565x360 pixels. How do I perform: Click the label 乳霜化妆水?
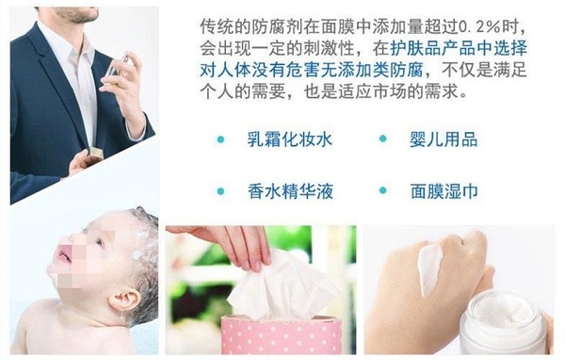tap(289, 139)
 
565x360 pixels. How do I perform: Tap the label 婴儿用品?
tap(444, 139)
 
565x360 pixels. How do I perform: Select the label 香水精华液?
tap(290, 191)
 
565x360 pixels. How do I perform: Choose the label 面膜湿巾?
tap(444, 191)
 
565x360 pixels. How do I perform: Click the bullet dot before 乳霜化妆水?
tap(220, 139)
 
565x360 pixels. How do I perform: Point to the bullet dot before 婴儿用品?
tap(382, 139)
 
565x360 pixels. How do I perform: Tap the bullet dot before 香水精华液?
tap(220, 191)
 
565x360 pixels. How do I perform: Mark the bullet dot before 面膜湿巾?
tap(382, 190)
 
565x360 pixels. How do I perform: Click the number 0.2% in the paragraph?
tap(479, 27)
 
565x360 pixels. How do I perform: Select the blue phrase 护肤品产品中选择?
tap(460, 49)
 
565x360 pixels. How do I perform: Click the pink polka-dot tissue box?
tap(281, 335)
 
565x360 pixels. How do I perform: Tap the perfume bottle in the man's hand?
tap(120, 68)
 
